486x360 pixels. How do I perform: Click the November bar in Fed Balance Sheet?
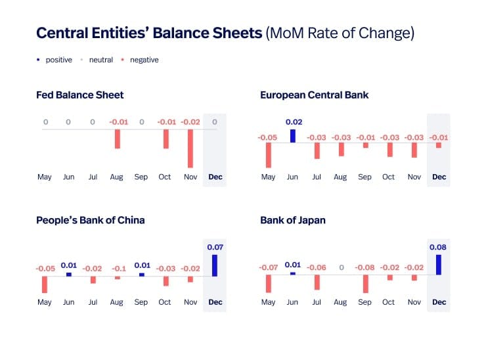[x=190, y=148]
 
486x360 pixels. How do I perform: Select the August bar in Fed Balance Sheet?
[x=117, y=139]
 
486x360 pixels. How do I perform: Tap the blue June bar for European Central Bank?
[x=293, y=135]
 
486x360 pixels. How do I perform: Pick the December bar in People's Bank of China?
[x=215, y=265]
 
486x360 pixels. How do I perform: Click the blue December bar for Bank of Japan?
[x=439, y=265]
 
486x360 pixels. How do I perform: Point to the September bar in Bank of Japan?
[x=366, y=284]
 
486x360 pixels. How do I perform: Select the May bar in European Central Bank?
[x=269, y=155]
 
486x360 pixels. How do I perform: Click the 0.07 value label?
[x=215, y=247]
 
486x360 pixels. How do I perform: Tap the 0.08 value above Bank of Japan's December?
[x=439, y=247]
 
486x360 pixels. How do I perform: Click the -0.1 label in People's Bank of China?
[x=117, y=268]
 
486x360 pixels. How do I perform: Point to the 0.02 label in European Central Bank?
[x=293, y=122]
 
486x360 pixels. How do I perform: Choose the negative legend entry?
[x=143, y=60]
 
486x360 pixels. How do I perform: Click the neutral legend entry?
[x=100, y=60]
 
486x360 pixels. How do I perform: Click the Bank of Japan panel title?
[x=293, y=220]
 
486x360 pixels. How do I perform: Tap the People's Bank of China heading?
[x=91, y=220]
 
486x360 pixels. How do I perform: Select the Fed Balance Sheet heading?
[x=80, y=95]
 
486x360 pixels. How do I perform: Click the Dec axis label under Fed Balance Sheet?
[x=215, y=177]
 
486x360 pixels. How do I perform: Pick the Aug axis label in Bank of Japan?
[x=340, y=302]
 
